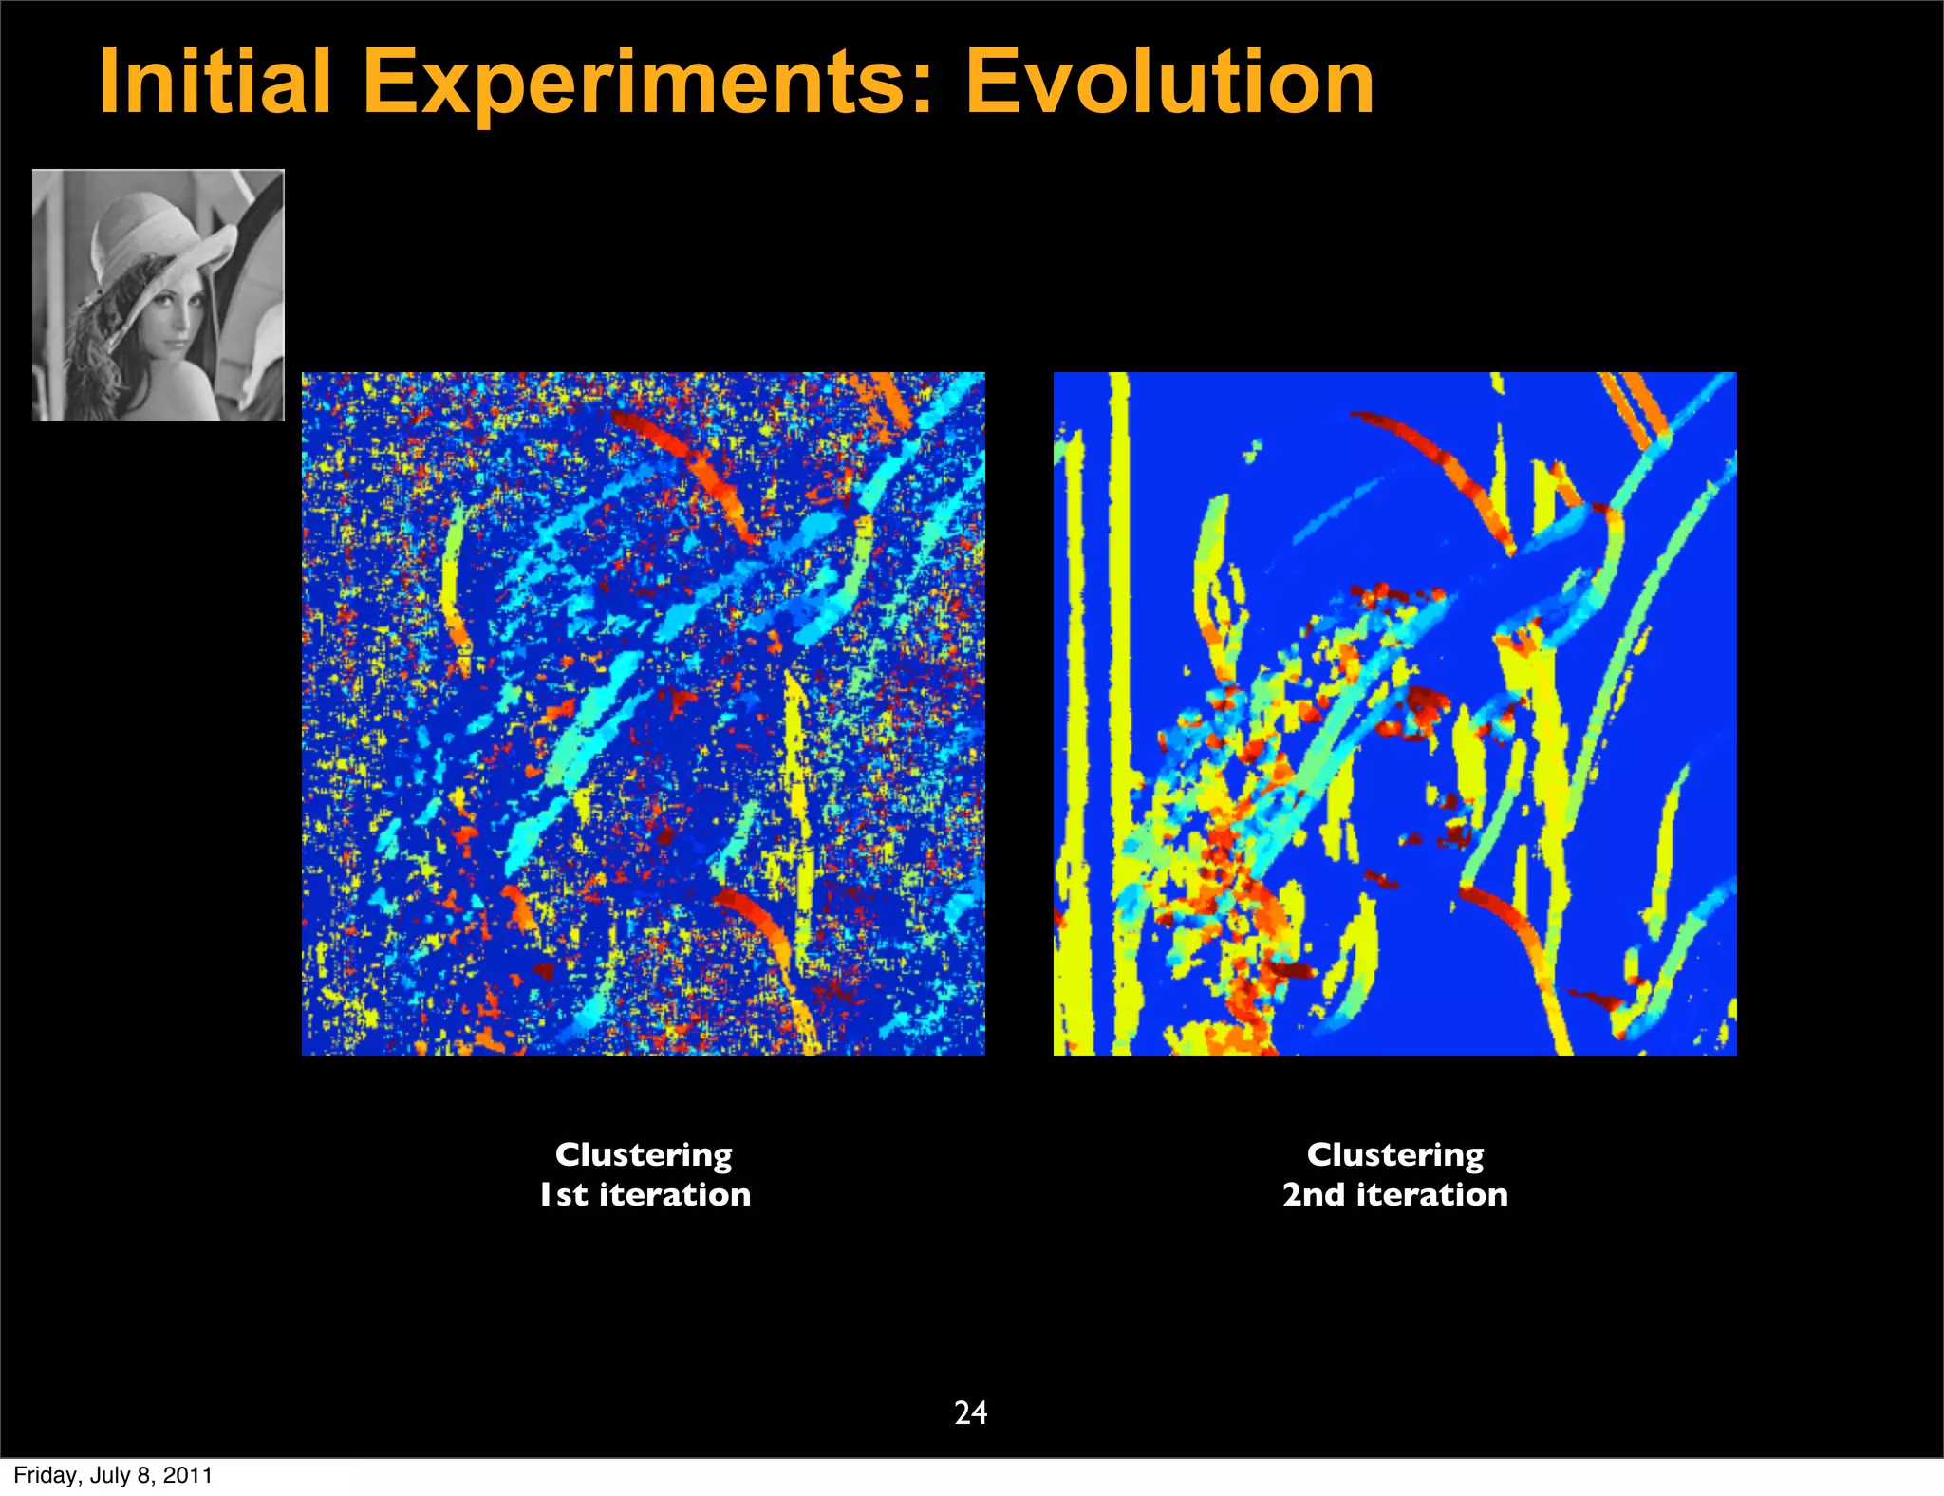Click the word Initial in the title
[215, 83]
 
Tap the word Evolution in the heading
[1169, 83]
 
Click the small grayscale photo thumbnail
[159, 295]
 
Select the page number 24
[970, 1412]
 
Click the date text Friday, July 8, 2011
[113, 1475]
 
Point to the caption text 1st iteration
[645, 1194]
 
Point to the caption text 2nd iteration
[1395, 1194]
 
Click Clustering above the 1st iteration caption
[644, 1154]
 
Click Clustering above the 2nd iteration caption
[1395, 1154]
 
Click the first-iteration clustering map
[644, 714]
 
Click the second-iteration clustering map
[1395, 714]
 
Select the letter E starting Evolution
[993, 83]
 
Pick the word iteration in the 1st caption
[675, 1194]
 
